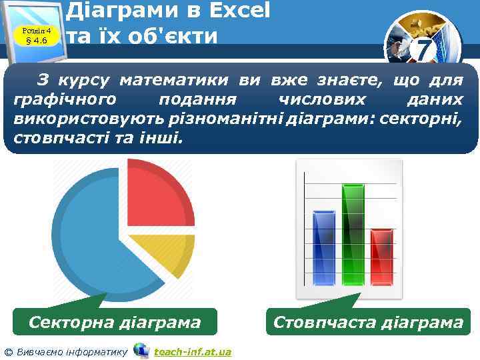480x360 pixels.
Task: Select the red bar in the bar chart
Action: (382, 257)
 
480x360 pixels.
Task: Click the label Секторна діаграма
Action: (115, 323)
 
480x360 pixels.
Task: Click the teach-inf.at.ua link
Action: (192, 351)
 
